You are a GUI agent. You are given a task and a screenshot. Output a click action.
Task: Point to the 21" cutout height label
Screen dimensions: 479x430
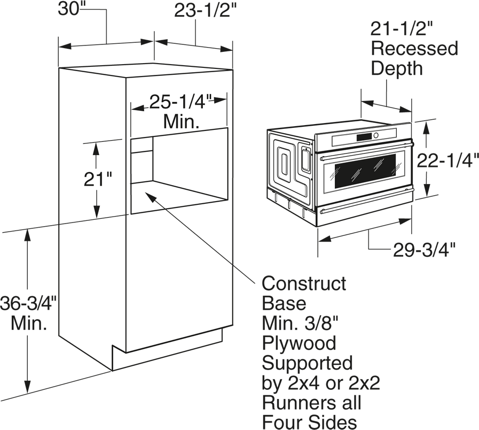pos(97,179)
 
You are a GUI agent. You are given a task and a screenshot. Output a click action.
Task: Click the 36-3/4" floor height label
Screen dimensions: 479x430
pos(28,303)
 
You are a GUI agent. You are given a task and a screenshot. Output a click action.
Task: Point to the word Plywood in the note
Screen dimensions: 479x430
pos(299,343)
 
